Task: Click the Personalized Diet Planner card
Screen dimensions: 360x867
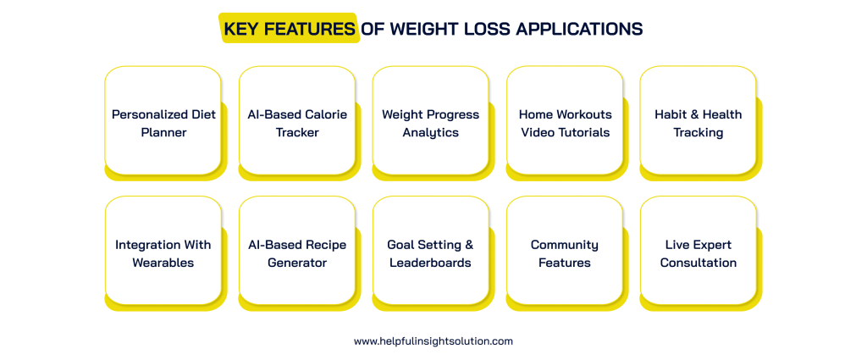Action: click(163, 123)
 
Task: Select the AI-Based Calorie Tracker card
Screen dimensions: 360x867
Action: click(296, 123)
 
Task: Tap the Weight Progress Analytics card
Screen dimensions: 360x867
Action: click(430, 123)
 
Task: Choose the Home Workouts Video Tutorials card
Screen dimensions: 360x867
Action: click(564, 123)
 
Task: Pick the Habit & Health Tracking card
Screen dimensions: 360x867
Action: click(698, 123)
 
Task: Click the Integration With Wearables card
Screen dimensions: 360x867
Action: click(163, 252)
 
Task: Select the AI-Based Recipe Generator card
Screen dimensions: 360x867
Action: click(296, 252)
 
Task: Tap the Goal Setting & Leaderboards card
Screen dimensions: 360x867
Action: click(430, 252)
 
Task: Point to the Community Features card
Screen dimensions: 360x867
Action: click(564, 252)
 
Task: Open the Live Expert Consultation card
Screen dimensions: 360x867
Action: click(698, 252)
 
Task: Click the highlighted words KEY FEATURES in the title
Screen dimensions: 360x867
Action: click(289, 29)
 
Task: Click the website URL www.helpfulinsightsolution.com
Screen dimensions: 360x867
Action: click(433, 341)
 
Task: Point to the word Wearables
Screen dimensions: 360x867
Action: click(163, 263)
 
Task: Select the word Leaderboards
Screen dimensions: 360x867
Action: click(430, 263)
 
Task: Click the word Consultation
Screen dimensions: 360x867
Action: click(698, 263)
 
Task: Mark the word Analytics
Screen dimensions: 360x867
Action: click(430, 133)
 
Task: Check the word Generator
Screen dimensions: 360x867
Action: click(296, 263)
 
